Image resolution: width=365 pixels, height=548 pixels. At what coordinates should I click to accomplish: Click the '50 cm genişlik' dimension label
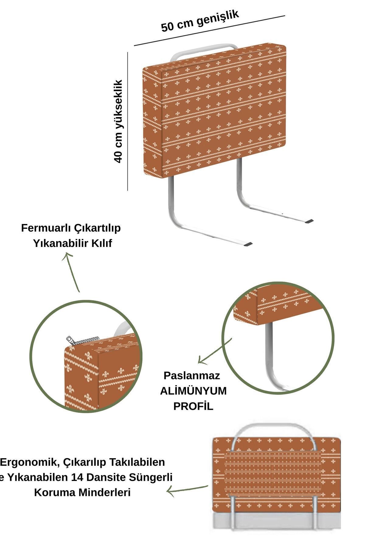point(200,20)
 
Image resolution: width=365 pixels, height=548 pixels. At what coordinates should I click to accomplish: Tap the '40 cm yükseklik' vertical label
point(118,121)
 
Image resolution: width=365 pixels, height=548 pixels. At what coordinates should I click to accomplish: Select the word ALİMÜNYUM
point(193,391)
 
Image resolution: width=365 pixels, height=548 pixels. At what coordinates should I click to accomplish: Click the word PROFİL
point(193,406)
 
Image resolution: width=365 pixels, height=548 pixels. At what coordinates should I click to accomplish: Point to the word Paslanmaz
point(192,375)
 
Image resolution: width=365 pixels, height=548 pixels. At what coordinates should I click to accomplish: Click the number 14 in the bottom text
point(76,477)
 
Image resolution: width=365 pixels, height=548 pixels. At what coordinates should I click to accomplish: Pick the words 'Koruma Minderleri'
point(82,492)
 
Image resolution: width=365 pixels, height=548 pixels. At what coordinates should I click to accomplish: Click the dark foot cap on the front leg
point(248,244)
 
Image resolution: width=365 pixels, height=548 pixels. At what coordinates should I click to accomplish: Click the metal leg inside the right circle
point(269,353)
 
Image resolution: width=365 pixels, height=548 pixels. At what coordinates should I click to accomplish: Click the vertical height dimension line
point(128,122)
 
